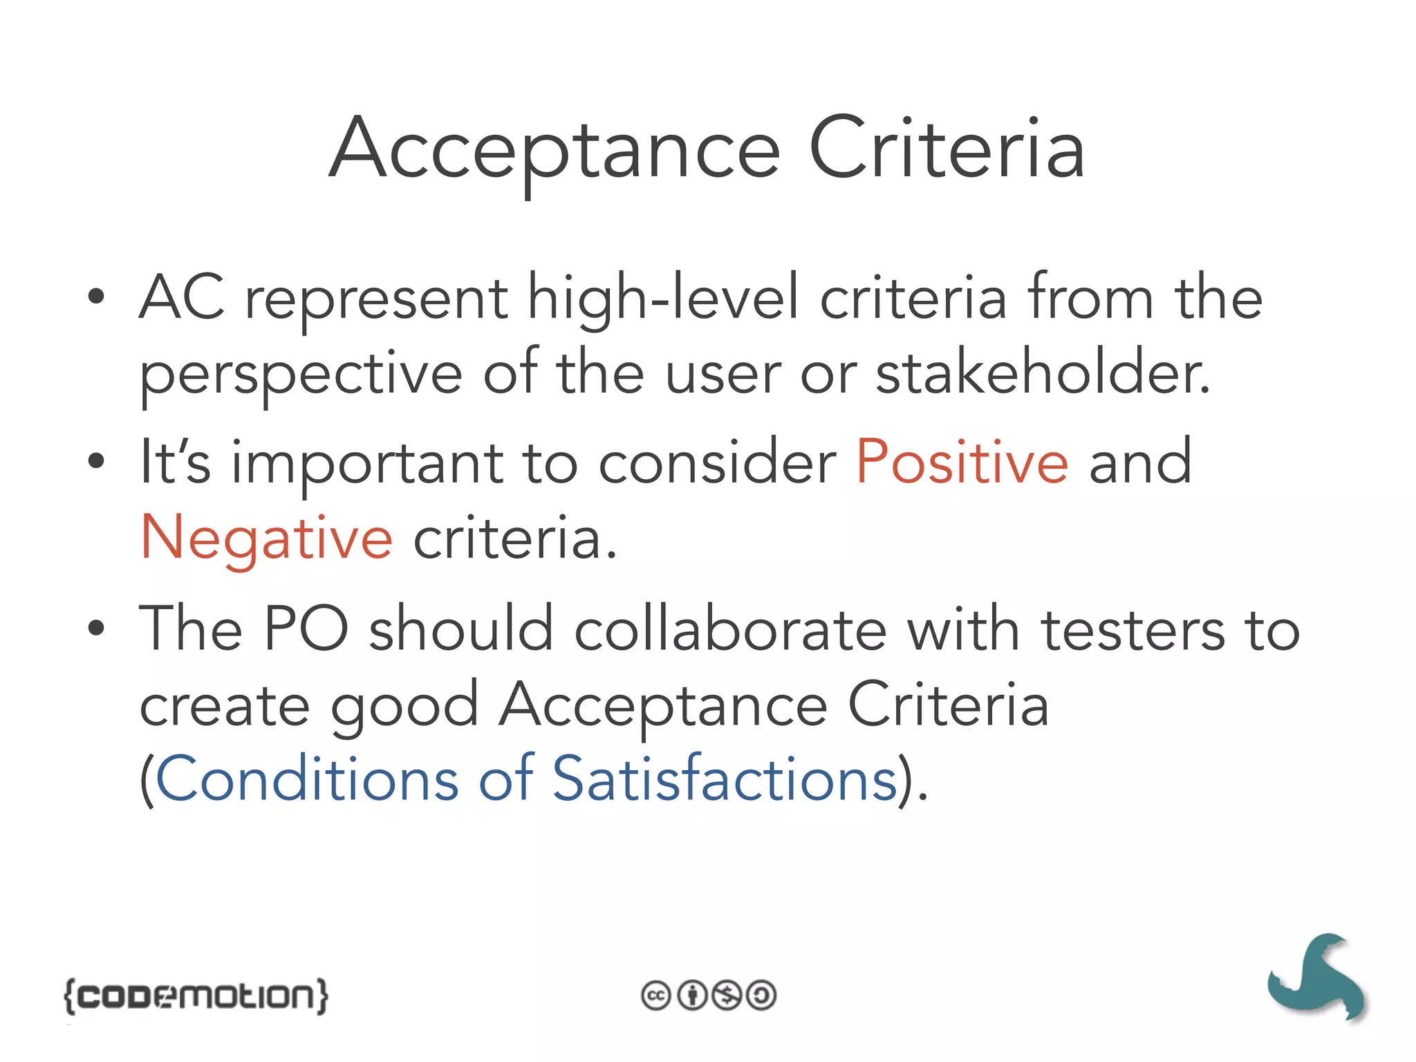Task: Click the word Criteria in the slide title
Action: coord(946,149)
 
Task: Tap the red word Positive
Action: coord(962,462)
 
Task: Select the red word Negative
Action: coord(267,538)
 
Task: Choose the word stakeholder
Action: coord(1043,373)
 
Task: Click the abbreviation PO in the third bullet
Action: coord(306,629)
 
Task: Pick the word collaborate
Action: coord(730,629)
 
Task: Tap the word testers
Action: coord(1133,629)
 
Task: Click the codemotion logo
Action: coord(196,996)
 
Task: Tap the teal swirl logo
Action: coord(1318,978)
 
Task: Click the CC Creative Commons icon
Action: coord(655,996)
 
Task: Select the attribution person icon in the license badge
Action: coord(691,996)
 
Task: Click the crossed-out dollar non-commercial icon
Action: coord(727,996)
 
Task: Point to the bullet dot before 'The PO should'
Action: coord(96,628)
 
